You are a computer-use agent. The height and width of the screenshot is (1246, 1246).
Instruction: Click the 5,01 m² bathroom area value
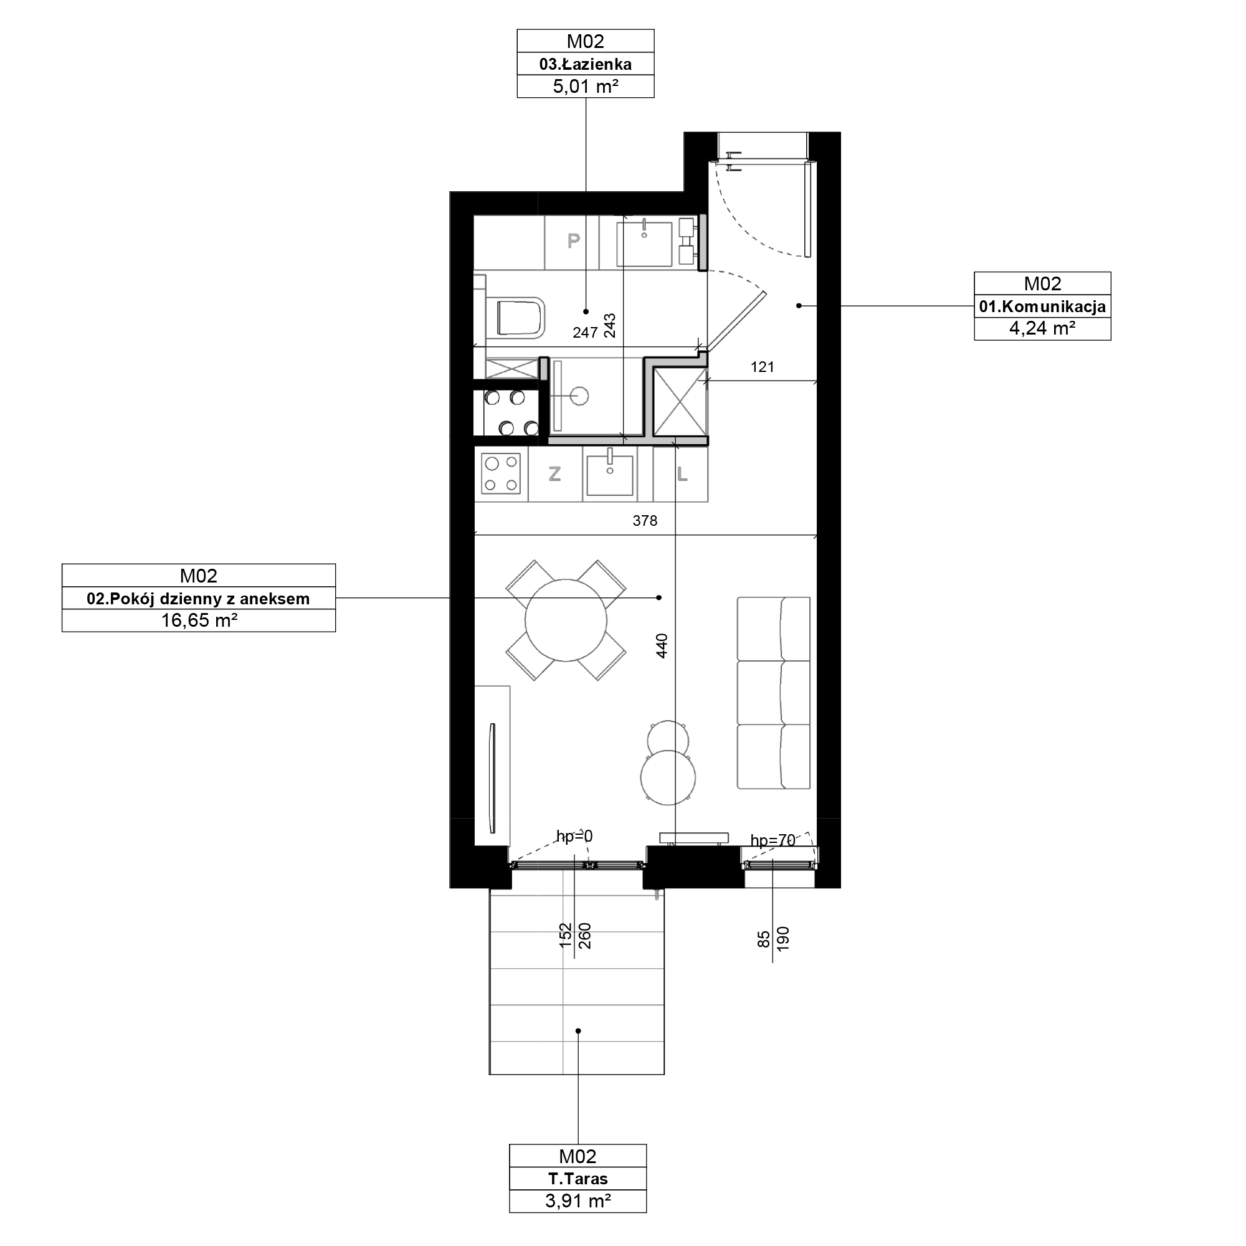(585, 87)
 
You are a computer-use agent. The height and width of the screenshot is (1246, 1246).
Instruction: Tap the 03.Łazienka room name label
(585, 64)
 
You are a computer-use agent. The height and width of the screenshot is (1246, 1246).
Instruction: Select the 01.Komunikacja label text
(1042, 307)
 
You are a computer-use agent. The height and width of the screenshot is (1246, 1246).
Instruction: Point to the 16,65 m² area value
(199, 621)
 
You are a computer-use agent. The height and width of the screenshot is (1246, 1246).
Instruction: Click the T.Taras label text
(578, 1179)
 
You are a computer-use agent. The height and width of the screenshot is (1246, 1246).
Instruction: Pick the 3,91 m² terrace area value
(578, 1201)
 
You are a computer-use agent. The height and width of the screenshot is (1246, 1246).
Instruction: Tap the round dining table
(566, 621)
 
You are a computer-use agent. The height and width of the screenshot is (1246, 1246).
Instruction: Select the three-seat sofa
(773, 693)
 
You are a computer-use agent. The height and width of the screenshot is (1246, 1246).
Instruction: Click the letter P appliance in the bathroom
(573, 241)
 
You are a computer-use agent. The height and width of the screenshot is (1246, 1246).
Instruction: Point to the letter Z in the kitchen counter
(554, 474)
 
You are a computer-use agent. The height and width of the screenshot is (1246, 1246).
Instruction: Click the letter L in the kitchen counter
(682, 474)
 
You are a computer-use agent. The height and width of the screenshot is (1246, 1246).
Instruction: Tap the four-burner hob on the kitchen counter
(501, 473)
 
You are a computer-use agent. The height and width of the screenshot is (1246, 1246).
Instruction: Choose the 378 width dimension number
(645, 520)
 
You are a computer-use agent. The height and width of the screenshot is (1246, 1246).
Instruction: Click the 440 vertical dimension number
(662, 646)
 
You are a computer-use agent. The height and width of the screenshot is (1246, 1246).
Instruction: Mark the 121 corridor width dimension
(763, 367)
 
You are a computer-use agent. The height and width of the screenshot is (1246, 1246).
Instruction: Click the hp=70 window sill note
(773, 840)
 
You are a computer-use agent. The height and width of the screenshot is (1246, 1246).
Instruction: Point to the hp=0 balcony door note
(574, 837)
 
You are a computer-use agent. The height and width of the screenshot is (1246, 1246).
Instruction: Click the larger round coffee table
(668, 777)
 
